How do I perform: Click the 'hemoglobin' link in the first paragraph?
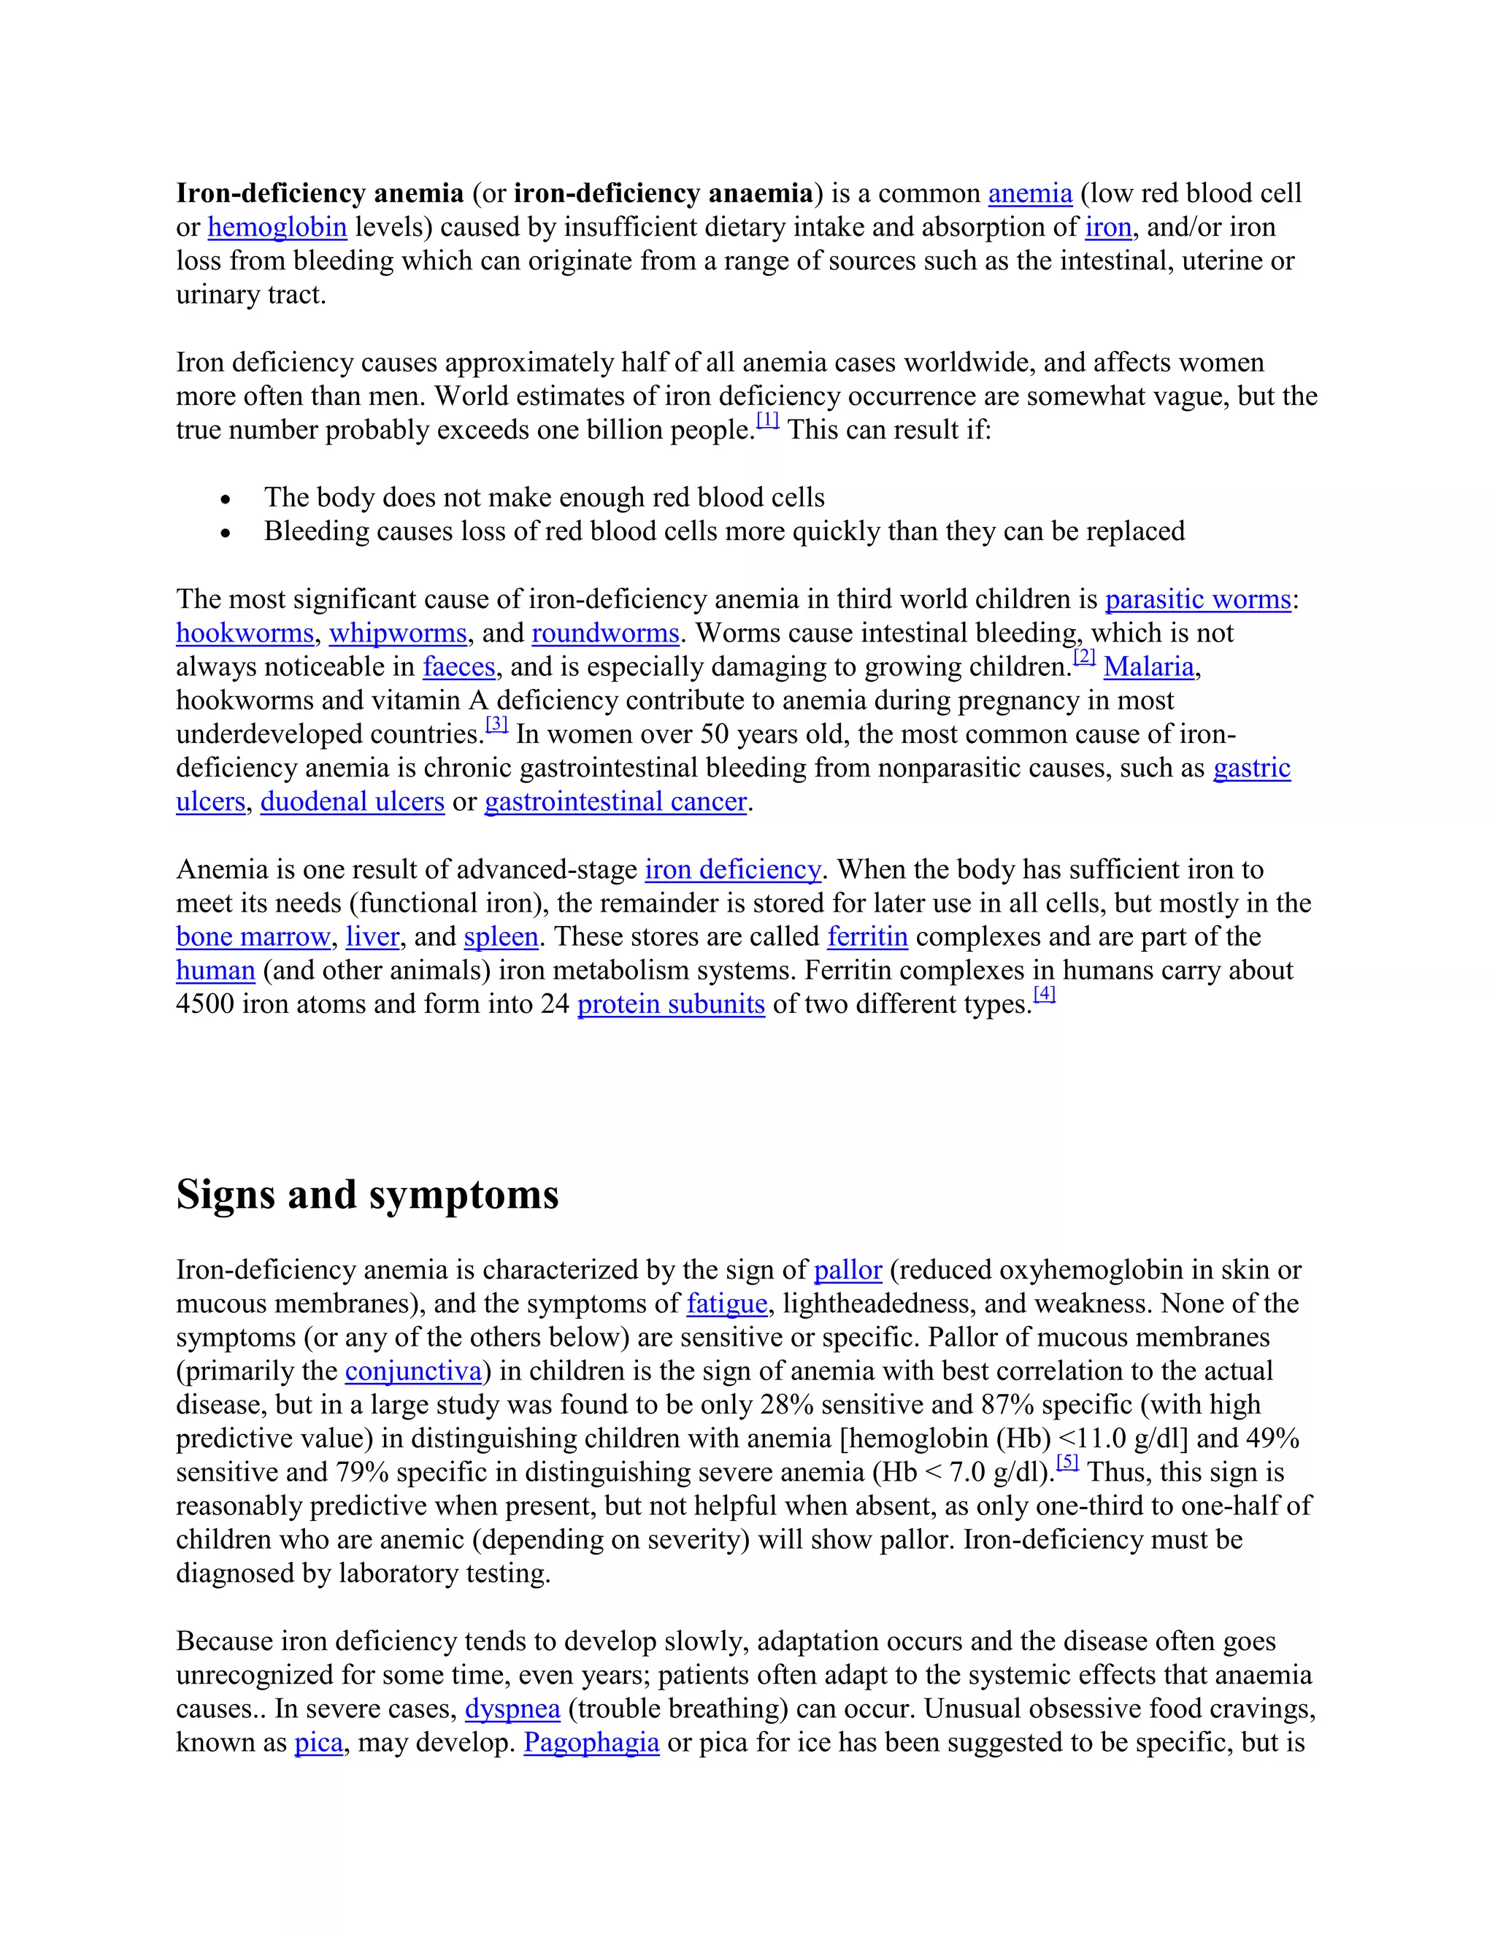[x=277, y=228]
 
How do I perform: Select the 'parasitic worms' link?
[x=1197, y=599]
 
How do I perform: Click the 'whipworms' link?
[x=398, y=633]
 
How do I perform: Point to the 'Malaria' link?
[x=1149, y=667]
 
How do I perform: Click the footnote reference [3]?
[x=497, y=725]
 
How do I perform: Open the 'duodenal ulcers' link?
[x=352, y=801]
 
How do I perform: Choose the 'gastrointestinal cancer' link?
[x=615, y=801]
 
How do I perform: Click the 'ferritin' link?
[x=867, y=937]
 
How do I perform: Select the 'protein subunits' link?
[x=670, y=1004]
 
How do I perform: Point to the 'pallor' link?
[x=848, y=1271]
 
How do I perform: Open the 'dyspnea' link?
[x=512, y=1709]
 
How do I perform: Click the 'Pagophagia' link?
[x=591, y=1743]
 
